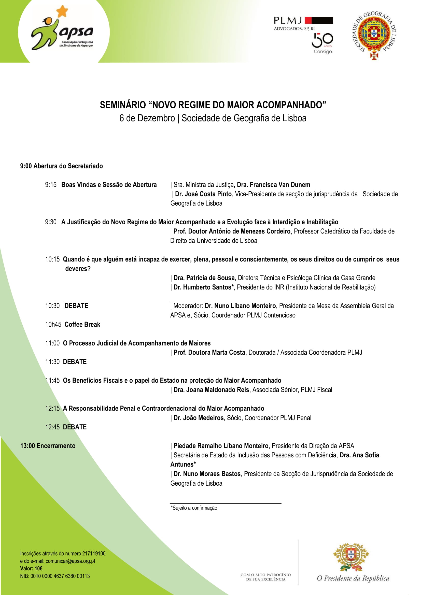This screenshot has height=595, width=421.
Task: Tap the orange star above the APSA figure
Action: pyautogui.click(x=62, y=11)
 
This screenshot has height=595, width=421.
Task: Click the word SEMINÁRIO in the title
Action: pyautogui.click(x=123, y=105)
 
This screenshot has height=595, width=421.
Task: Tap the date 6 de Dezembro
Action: pyautogui.click(x=147, y=118)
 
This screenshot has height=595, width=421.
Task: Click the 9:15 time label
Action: pyautogui.click(x=51, y=185)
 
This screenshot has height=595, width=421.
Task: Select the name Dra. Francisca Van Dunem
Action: pyautogui.click(x=273, y=185)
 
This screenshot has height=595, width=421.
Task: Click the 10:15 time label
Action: pyautogui.click(x=52, y=259)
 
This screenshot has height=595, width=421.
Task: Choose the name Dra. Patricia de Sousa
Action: pyautogui.click(x=204, y=278)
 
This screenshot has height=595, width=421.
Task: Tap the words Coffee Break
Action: pyautogui.click(x=82, y=324)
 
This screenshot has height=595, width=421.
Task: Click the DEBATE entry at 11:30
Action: pyautogui.click(x=75, y=362)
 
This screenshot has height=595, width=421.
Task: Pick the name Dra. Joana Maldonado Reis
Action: pyautogui.click(x=211, y=390)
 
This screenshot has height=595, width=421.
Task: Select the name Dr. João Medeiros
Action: pyautogui.click(x=198, y=418)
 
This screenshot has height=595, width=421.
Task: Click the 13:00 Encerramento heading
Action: pyautogui.click(x=48, y=446)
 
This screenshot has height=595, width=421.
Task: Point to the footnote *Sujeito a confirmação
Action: pyautogui.click(x=194, y=508)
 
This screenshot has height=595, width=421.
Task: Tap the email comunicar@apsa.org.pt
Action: pyautogui.click(x=70, y=561)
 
